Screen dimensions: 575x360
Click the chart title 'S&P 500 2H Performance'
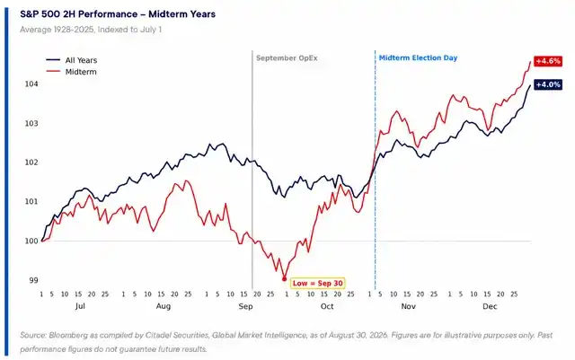(78, 14)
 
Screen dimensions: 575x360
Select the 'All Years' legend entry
(72, 60)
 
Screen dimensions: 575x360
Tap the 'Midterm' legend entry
(72, 72)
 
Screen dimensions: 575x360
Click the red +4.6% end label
(548, 61)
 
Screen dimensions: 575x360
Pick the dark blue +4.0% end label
(548, 84)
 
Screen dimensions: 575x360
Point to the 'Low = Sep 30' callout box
(317, 283)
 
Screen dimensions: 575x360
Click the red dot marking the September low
(284, 279)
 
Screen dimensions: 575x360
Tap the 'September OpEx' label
(287, 58)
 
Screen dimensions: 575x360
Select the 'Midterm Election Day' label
(418, 58)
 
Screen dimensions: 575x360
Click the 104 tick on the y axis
(31, 84)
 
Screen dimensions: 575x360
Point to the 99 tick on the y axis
(33, 280)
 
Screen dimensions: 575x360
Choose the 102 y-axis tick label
(31, 162)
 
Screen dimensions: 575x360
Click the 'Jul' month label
(80, 306)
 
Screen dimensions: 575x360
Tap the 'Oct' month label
(327, 306)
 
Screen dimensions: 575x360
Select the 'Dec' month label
(490, 306)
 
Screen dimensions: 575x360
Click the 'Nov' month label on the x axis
(408, 306)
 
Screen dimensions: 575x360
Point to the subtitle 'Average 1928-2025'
(57, 30)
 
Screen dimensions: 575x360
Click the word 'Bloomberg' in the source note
(68, 335)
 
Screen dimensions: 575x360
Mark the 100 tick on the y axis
(31, 241)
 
